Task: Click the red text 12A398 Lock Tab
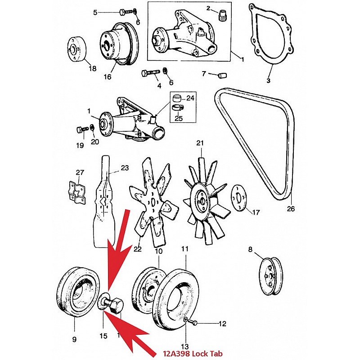[x=194, y=354]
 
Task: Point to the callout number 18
[x=92, y=69]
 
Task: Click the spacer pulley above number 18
[x=77, y=48]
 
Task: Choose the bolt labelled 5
[x=125, y=12]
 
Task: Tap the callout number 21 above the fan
[x=200, y=144]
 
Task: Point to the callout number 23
[x=125, y=168]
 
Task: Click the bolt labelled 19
[x=82, y=130]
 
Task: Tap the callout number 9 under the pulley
[x=75, y=339]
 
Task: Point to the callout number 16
[x=108, y=77]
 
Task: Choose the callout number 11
[x=185, y=248]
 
